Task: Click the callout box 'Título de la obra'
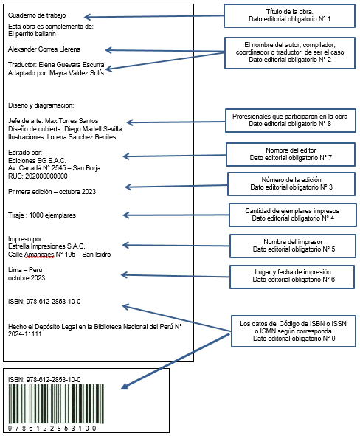(289, 15)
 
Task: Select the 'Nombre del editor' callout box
(291, 154)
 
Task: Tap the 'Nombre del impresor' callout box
(293, 246)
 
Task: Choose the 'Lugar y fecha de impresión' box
(292, 277)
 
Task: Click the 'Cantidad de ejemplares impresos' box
(293, 215)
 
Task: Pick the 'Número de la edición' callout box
(291, 184)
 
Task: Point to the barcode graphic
(56, 404)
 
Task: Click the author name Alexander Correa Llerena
(44, 49)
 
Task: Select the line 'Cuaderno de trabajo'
(37, 15)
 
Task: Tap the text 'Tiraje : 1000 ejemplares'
(42, 215)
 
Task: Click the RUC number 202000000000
(46, 176)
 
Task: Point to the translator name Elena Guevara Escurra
(72, 65)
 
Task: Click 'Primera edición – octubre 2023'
(52, 192)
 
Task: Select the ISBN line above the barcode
(44, 379)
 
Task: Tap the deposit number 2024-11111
(25, 334)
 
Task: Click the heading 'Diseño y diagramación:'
(41, 105)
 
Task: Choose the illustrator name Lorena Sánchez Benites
(81, 136)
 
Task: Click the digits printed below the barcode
(52, 428)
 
